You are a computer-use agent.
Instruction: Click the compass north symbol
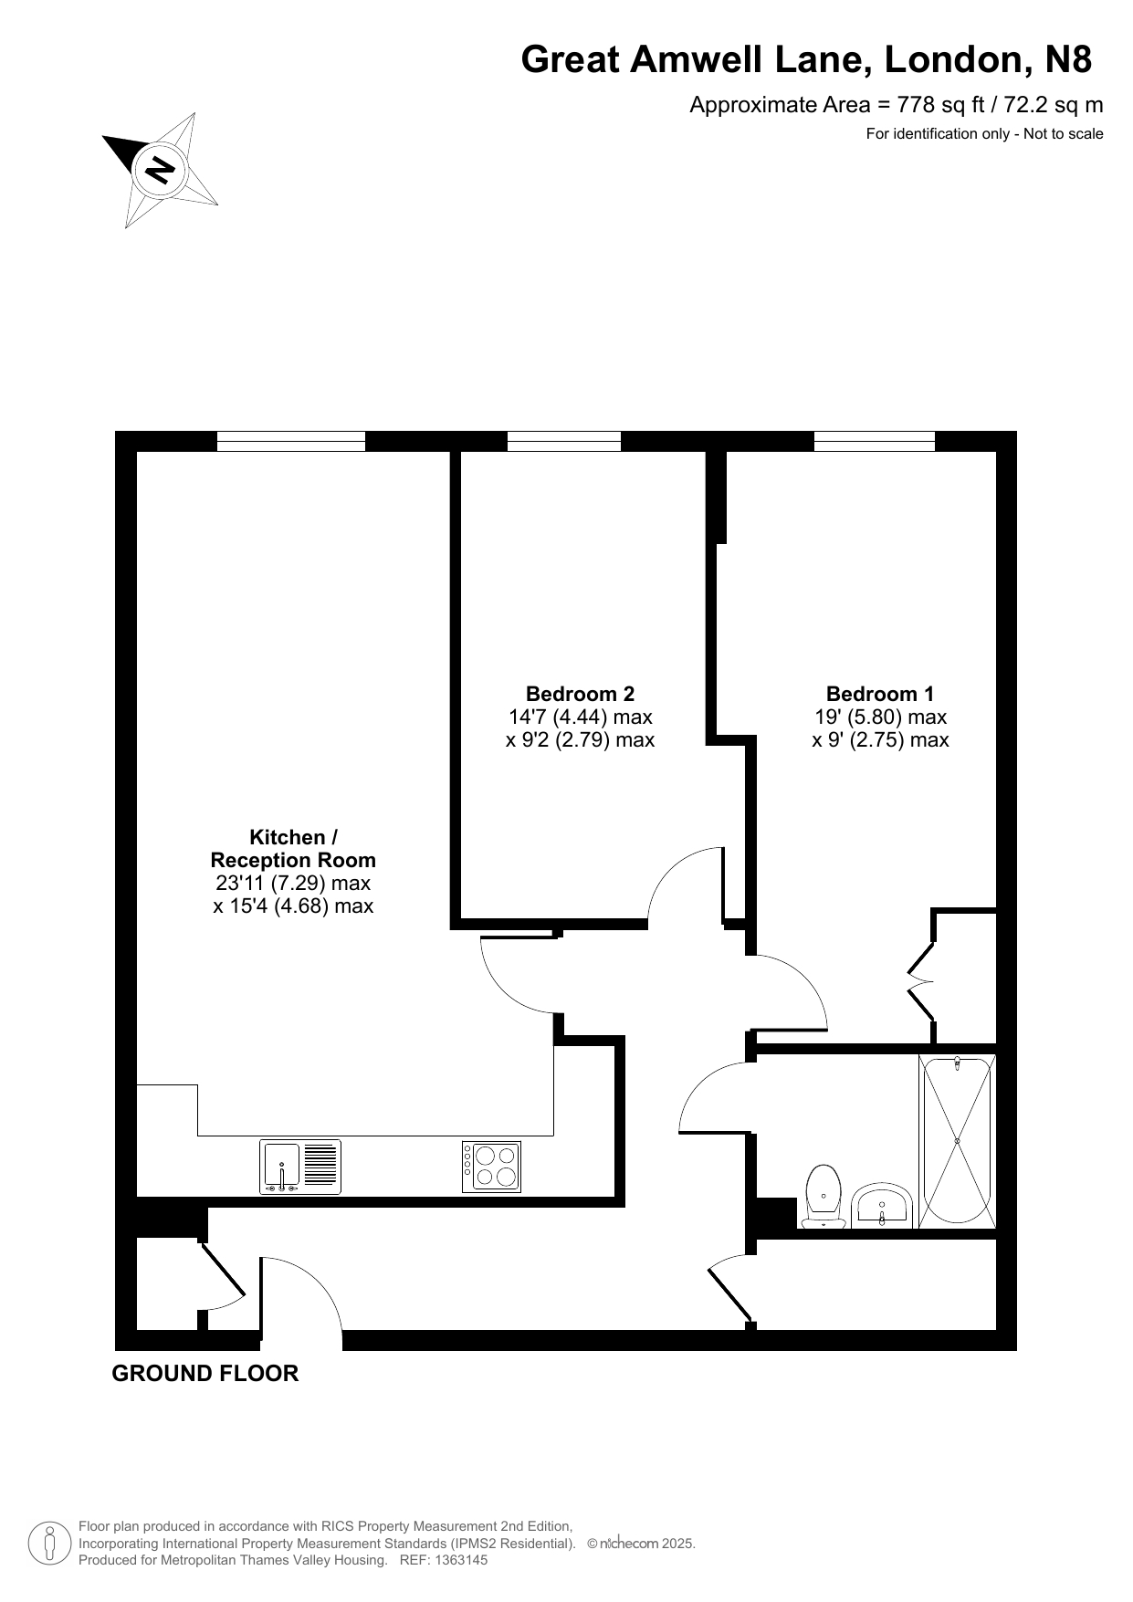pos(161,171)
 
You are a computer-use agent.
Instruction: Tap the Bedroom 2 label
pos(580,694)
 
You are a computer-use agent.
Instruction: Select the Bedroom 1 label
pos(880,694)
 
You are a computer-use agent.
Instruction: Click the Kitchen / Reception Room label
pos(293,848)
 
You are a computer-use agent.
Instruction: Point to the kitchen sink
pos(300,1167)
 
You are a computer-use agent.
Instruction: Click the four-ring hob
pos(491,1167)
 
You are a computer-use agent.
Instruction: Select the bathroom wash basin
pos(881,1205)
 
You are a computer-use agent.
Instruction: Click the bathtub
pos(957,1141)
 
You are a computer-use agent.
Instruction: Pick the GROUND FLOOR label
pos(205,1373)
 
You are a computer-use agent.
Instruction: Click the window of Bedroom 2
pos(564,441)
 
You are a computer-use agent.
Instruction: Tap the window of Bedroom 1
pos(875,441)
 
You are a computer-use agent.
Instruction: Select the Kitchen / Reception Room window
pos(291,441)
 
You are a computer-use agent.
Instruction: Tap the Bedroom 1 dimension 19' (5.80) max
pos(880,717)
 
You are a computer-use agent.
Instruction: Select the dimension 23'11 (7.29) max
pos(293,883)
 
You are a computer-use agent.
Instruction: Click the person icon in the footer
pos(50,1544)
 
